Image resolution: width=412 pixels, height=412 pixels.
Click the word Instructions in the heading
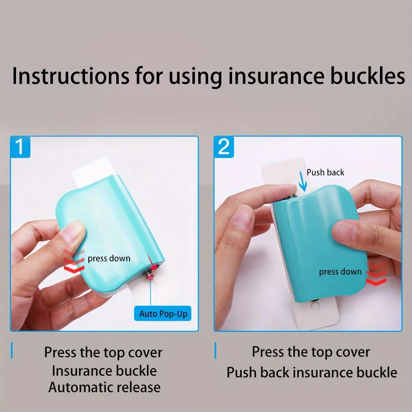pyautogui.click(x=70, y=76)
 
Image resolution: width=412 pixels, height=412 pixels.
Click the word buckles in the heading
pyautogui.click(x=367, y=76)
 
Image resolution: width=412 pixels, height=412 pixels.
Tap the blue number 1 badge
pyautogui.click(x=20, y=147)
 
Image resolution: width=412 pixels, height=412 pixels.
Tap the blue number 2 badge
pyautogui.click(x=224, y=147)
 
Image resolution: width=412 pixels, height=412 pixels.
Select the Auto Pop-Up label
pyautogui.click(x=163, y=314)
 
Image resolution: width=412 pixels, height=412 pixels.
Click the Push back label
pyautogui.click(x=325, y=173)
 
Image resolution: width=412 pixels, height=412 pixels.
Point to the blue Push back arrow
pyautogui.click(x=303, y=181)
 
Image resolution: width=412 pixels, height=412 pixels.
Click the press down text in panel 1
pyautogui.click(x=109, y=259)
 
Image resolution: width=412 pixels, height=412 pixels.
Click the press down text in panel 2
pyautogui.click(x=340, y=271)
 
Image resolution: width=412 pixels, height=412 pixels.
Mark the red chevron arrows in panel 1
pyautogui.click(x=74, y=260)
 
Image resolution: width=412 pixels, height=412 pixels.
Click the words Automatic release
pyautogui.click(x=104, y=387)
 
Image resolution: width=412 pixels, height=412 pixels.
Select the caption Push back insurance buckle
pyautogui.click(x=312, y=372)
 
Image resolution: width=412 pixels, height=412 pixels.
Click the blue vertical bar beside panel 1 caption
pyautogui.click(x=12, y=350)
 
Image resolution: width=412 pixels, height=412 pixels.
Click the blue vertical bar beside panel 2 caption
pyautogui.click(x=216, y=350)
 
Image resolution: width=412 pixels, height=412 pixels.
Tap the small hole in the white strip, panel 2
pyautogui.click(x=315, y=306)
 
